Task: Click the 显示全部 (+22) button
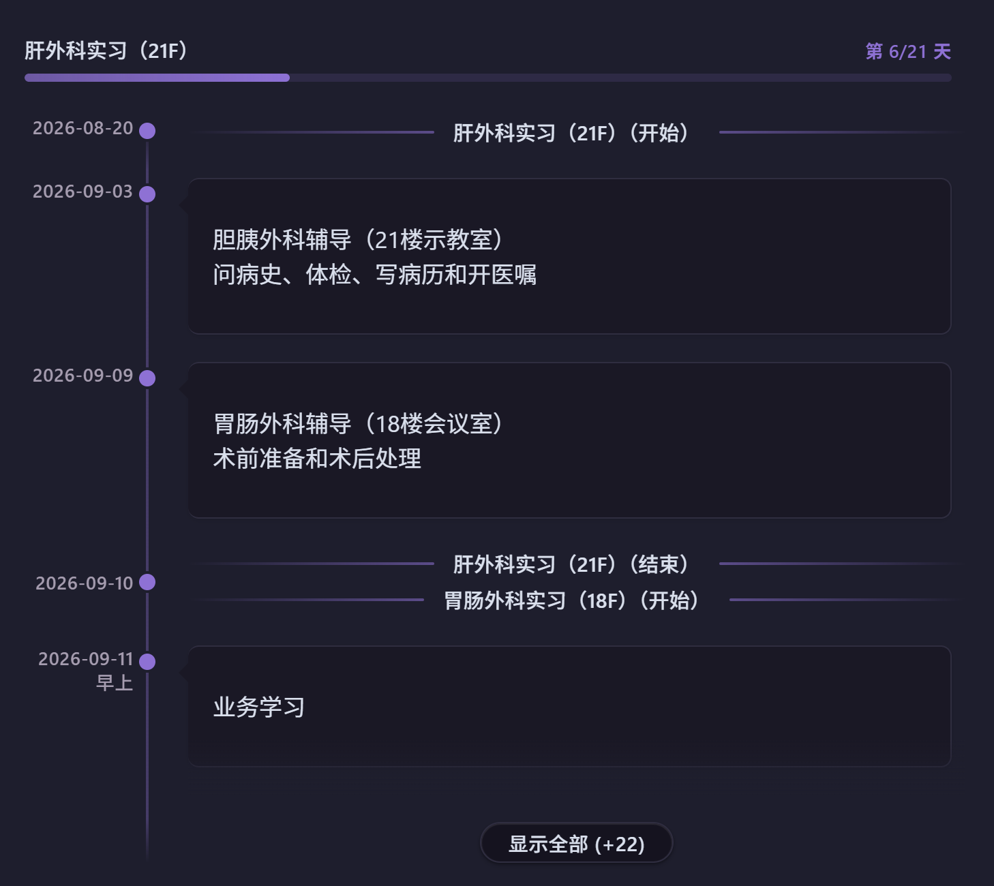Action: click(x=576, y=844)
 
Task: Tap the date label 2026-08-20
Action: click(x=83, y=129)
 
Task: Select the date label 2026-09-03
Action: click(x=83, y=192)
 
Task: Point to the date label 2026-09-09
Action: click(x=83, y=376)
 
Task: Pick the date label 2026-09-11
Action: click(x=86, y=659)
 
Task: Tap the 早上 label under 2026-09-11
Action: click(x=115, y=683)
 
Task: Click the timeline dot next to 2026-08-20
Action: click(x=147, y=131)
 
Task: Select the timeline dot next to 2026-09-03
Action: click(x=147, y=194)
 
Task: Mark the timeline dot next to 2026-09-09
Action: click(x=147, y=378)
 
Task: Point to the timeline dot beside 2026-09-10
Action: click(x=147, y=582)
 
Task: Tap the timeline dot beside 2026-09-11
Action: click(x=147, y=662)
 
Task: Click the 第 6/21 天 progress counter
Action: click(x=908, y=52)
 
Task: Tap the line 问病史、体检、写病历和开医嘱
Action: click(x=375, y=275)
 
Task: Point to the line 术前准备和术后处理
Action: click(x=317, y=459)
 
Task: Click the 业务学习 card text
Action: click(x=259, y=707)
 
